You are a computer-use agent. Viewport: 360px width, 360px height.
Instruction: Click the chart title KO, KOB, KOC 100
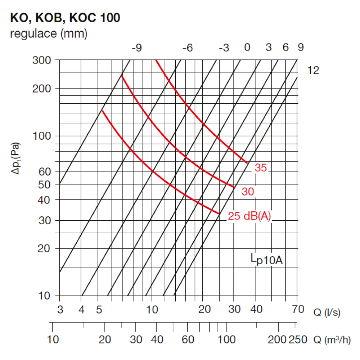pos(65,18)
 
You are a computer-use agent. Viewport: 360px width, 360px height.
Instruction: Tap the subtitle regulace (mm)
pos(49,33)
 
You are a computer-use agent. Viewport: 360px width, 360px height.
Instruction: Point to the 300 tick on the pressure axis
pos(41,60)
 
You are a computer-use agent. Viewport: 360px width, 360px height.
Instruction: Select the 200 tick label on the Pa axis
pos(41,89)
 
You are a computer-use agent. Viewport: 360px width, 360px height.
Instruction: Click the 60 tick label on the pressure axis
pos(45,171)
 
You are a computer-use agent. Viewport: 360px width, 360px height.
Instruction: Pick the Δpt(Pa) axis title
pos(15,158)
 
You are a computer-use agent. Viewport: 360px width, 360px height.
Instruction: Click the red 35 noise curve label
pos(261,168)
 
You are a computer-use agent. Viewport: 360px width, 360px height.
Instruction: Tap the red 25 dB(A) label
pos(249,216)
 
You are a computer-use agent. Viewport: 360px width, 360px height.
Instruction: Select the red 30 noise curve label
pos(248,192)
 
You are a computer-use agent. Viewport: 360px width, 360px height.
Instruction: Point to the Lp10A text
pos(266,260)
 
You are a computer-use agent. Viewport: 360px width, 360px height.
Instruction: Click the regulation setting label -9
pos(137,48)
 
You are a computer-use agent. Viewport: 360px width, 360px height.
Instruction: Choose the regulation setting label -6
pos(188,48)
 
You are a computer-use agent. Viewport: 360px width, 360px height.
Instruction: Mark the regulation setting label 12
pos(313,70)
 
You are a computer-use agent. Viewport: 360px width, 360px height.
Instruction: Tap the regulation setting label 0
pos(247,47)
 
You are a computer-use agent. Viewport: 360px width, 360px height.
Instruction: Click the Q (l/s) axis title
pos(327,312)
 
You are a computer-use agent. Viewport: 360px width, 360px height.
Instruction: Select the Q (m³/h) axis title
pos(332,339)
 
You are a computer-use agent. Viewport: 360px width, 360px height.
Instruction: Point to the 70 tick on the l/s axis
pos(298,309)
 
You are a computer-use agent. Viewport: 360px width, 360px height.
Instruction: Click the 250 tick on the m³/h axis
pos(298,339)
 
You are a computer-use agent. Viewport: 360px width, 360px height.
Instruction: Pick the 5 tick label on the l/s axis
pos(99,310)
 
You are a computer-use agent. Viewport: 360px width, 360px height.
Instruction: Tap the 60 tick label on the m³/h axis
pos(188,339)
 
